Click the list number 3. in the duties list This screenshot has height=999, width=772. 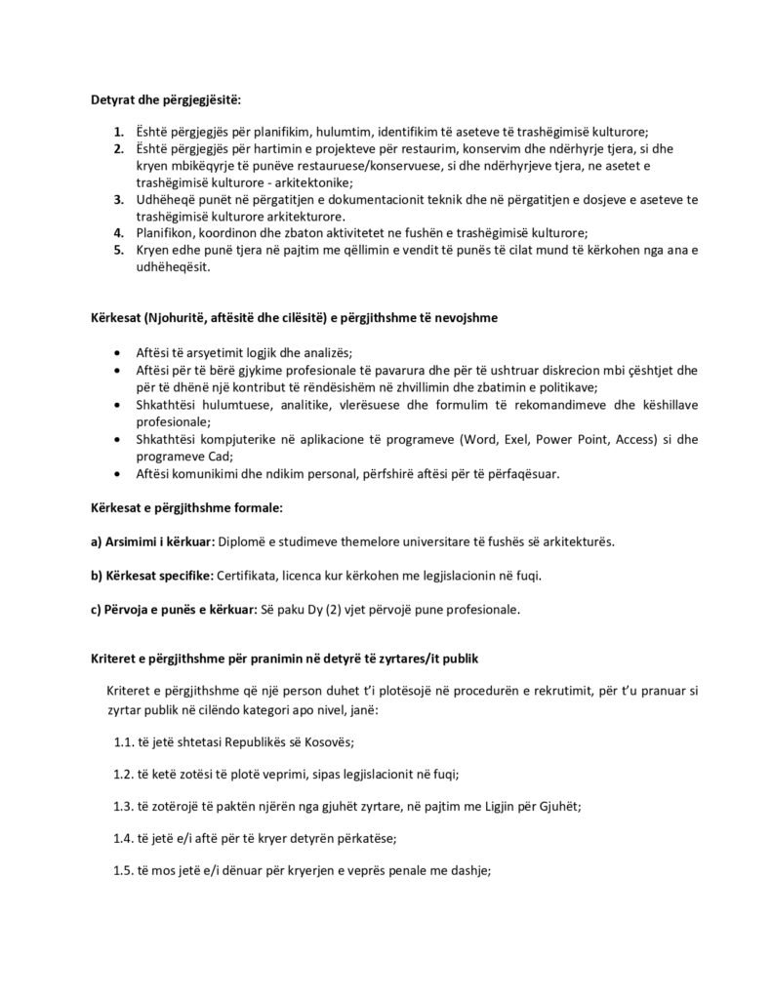(x=117, y=199)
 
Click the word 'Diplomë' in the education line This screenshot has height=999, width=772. (x=245, y=541)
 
